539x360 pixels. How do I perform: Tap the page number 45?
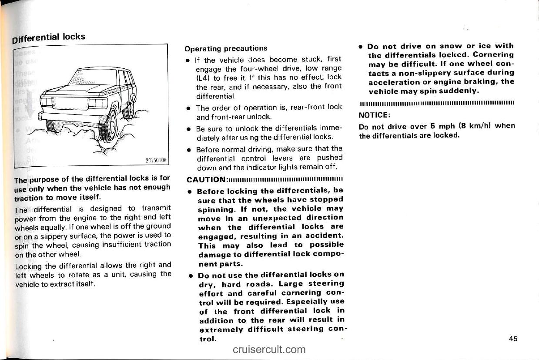[x=513, y=339]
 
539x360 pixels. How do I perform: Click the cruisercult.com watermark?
[x=269, y=349]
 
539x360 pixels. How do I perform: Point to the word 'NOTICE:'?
[x=374, y=116]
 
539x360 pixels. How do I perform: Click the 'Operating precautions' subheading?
[x=226, y=48]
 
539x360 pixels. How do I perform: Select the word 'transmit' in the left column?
[x=156, y=208]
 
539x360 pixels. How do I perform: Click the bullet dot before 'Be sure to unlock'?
[x=188, y=130]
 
